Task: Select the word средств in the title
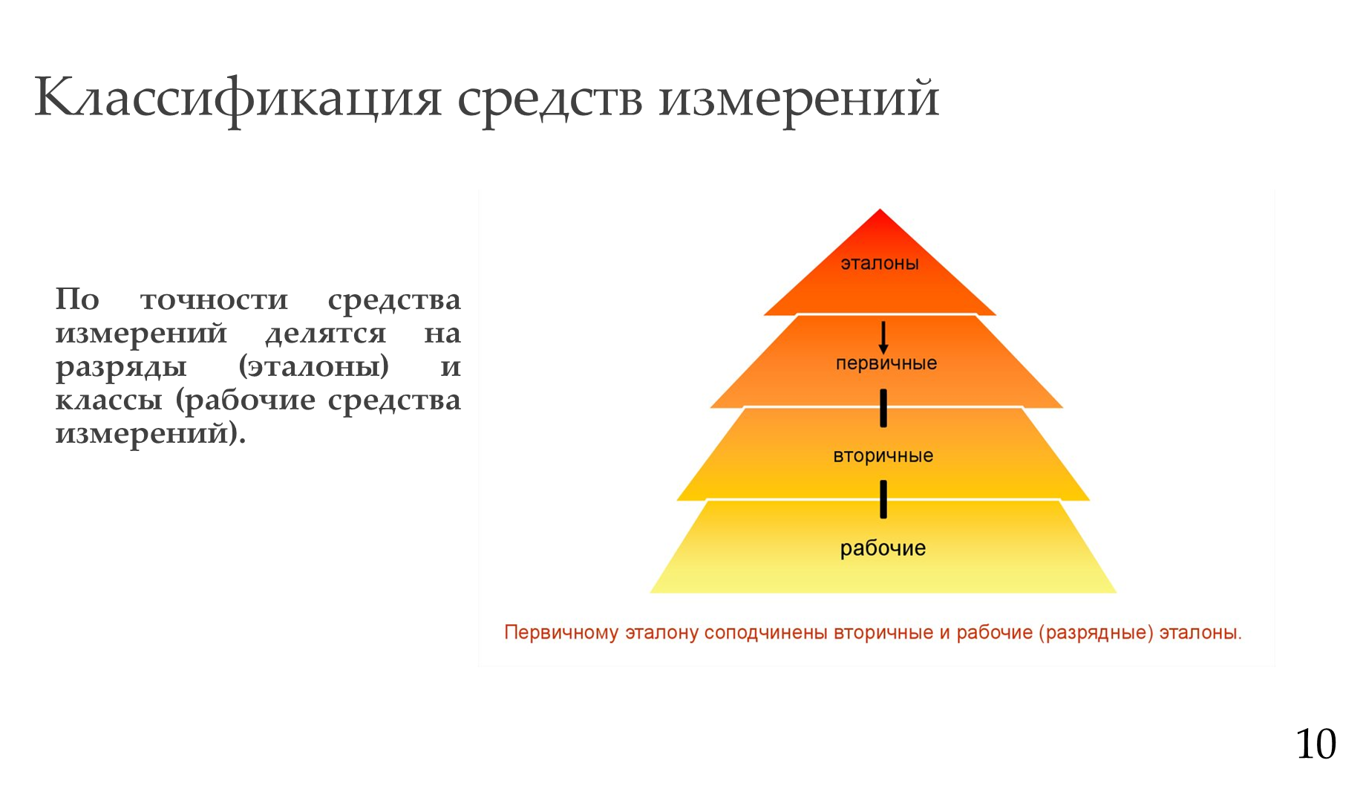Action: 549,100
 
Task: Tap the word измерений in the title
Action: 799,100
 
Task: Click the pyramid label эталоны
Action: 880,263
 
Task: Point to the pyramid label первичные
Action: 886,363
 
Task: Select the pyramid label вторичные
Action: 883,455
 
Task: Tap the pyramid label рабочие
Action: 883,548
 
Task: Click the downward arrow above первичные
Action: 883,337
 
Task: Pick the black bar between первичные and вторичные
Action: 883,408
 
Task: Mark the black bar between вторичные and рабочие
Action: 883,499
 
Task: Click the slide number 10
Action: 1315,744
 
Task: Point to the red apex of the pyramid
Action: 880,210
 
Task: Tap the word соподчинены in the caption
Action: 765,633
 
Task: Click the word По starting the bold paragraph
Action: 77,299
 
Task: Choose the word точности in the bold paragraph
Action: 214,300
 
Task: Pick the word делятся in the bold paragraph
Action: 326,334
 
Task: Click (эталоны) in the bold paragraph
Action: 314,367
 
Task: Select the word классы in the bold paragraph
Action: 108,400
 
